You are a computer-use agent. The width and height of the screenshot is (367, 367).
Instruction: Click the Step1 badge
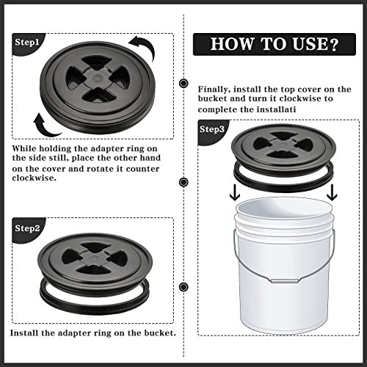(x=26, y=43)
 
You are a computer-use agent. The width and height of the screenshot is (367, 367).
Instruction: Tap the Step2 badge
(x=26, y=228)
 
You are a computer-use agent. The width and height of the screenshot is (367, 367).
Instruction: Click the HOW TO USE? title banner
(x=274, y=44)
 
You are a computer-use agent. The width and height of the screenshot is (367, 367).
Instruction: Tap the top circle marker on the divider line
(x=182, y=82)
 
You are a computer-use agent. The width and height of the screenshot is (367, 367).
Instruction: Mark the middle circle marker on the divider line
(x=182, y=182)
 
